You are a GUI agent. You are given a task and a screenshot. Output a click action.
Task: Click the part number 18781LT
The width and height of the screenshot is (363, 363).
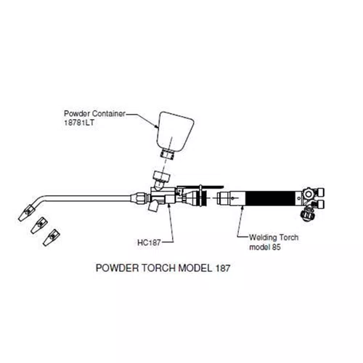coord(79,123)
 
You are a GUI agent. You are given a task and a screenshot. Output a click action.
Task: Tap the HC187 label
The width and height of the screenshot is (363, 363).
coord(149,242)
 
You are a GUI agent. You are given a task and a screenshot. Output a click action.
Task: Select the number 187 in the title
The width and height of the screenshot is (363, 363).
coord(222,268)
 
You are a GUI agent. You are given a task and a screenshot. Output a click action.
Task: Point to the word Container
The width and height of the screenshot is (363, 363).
coord(109,113)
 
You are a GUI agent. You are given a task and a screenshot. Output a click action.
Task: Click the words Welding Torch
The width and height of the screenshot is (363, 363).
coord(274,237)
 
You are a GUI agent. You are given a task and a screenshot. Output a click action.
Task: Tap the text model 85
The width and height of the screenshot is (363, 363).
coord(265,247)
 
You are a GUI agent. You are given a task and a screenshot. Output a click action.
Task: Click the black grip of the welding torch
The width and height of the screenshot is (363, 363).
coord(270,198)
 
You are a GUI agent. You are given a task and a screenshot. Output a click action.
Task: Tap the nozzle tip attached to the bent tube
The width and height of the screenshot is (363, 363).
coord(26,213)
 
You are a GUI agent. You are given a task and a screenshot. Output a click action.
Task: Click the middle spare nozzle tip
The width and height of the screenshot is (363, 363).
coord(38,226)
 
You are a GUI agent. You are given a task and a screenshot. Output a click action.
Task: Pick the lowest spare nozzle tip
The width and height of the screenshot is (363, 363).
coord(51,237)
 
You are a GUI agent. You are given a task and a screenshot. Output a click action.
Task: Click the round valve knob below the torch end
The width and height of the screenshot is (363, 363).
coord(307,214)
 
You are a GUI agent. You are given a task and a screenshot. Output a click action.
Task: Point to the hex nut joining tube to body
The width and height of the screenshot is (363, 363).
coord(140,197)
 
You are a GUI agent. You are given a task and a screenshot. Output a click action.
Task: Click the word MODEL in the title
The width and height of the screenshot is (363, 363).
coord(195,268)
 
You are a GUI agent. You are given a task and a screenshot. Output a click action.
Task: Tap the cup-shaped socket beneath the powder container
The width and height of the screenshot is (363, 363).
coord(161,176)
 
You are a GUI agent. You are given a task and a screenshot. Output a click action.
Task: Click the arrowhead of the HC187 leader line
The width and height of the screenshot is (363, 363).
coord(169,205)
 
